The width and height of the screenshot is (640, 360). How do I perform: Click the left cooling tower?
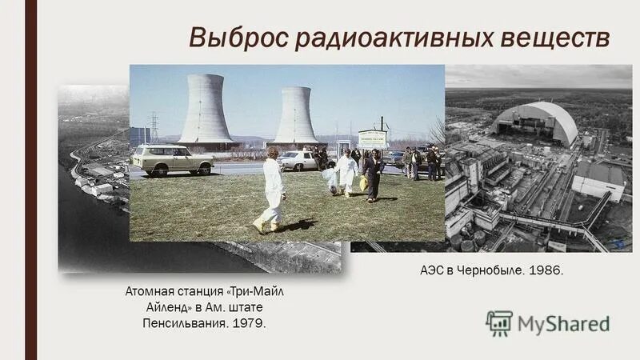tap(206, 110)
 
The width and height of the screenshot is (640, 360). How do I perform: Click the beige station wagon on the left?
tap(172, 158)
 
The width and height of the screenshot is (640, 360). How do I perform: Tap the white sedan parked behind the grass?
tap(305, 160)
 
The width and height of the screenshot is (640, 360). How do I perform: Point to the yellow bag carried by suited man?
tap(364, 183)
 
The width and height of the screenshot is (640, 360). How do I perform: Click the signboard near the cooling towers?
tap(371, 138)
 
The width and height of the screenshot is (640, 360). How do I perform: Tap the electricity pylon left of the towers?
tap(154, 127)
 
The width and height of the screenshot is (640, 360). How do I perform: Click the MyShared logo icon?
tap(499, 322)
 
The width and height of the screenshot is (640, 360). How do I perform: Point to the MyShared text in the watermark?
tap(563, 323)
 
